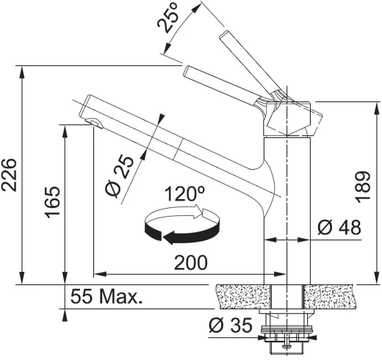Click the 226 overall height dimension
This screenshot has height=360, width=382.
(9, 175)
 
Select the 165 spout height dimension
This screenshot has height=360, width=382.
(52, 202)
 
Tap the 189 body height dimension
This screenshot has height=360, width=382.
(363, 187)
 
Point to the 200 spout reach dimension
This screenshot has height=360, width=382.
(191, 263)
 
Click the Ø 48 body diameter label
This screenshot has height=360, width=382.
(339, 227)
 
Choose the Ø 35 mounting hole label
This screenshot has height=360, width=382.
(231, 325)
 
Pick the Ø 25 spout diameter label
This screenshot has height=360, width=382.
(120, 176)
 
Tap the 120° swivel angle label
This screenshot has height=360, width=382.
(184, 193)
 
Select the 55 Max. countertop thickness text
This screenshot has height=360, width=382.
(107, 296)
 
